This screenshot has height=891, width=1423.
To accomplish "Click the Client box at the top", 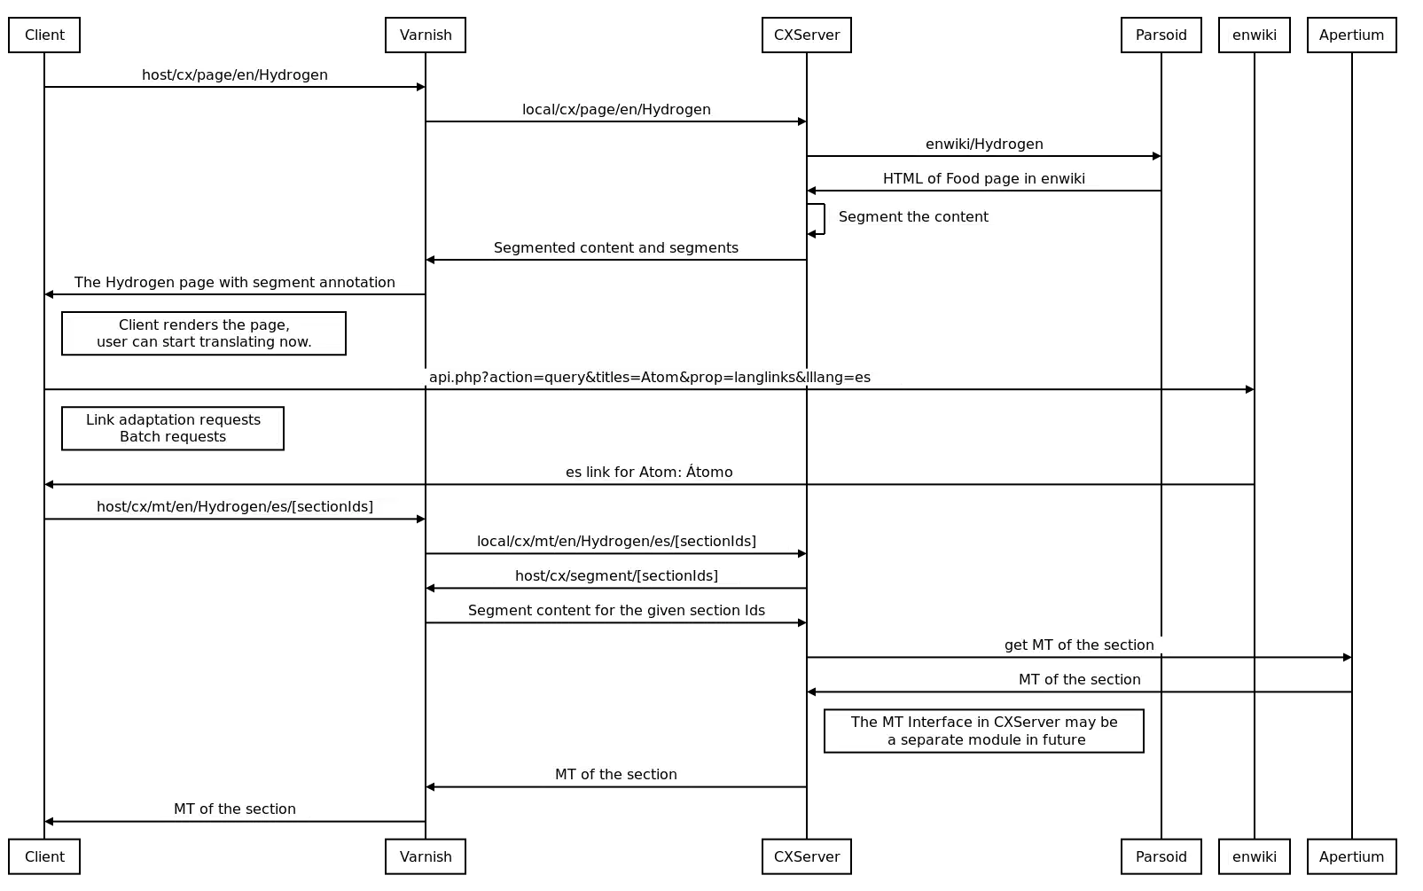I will [x=43, y=35].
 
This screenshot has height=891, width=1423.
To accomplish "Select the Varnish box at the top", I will [x=426, y=35].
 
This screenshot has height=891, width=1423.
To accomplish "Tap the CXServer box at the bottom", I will [x=805, y=856].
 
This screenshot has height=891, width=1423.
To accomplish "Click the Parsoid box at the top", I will [x=1162, y=35].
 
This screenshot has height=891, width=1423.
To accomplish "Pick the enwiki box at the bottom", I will [x=1255, y=856].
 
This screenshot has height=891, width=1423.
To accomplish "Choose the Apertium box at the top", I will [x=1350, y=35].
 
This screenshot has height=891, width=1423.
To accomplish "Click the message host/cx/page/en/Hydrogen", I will [x=236, y=74].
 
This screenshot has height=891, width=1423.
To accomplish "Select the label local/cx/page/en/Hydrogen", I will [x=616, y=110].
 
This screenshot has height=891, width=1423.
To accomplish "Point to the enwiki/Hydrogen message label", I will [x=984, y=144].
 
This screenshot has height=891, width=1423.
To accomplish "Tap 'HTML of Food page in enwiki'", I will [x=982, y=177].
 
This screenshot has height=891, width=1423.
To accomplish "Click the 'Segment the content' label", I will [x=913, y=216].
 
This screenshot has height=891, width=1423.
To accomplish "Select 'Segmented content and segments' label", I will [x=616, y=247].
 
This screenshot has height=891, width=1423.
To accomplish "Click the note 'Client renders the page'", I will [x=203, y=333].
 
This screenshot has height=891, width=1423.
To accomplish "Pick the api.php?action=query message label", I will [x=649, y=376].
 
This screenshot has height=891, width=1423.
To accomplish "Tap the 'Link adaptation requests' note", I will [x=173, y=428].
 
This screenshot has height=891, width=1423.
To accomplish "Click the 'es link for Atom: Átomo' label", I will [x=649, y=472].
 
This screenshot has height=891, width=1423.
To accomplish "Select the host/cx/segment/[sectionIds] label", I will [x=616, y=575].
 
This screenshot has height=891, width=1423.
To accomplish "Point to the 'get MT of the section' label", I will [x=1079, y=645].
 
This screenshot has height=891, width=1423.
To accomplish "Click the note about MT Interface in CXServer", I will [x=984, y=731].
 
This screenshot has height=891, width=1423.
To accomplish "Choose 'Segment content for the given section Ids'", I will [x=616, y=609].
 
